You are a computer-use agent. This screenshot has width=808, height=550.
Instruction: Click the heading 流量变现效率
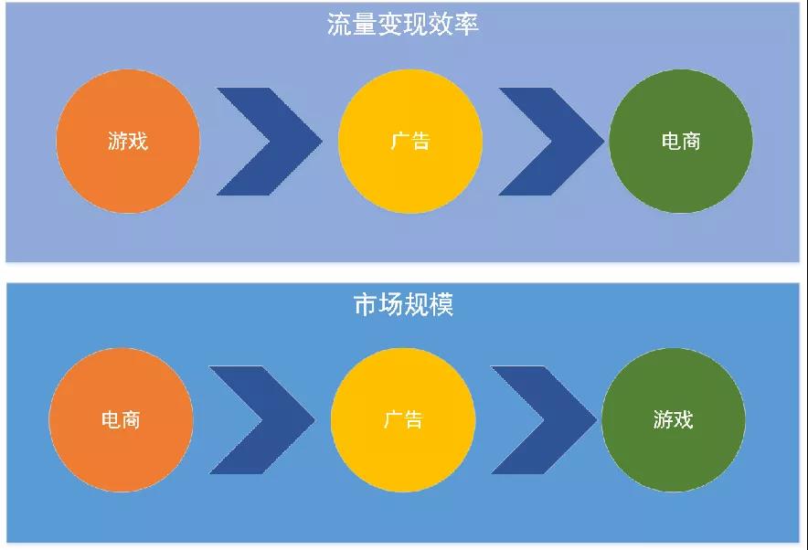[403, 24]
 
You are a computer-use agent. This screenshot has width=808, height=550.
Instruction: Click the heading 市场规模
[403, 304]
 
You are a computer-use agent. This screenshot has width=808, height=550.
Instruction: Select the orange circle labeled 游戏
[128, 141]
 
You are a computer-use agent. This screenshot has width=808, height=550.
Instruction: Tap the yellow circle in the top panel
[410, 141]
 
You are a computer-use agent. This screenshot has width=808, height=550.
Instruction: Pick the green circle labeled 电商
[681, 141]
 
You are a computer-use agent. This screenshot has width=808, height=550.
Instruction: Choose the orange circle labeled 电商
[121, 419]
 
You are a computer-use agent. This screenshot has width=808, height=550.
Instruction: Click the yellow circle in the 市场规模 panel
[403, 419]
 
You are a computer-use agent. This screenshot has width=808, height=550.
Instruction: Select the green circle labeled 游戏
[674, 419]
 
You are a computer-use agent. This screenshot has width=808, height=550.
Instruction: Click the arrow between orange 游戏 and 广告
[270, 142]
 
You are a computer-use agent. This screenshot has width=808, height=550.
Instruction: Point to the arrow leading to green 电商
[551, 142]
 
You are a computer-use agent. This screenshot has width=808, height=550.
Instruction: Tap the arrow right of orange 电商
[261, 419]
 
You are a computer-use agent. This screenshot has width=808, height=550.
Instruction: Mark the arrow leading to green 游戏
[544, 419]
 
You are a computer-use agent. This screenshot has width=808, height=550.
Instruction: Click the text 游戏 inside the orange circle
[128, 141]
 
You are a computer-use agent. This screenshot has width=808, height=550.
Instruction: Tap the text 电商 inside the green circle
[681, 141]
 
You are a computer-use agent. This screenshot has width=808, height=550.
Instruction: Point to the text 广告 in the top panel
[410, 141]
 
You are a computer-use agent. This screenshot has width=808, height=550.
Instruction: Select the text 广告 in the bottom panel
[403, 419]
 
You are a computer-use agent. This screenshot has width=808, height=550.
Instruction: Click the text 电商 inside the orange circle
[121, 419]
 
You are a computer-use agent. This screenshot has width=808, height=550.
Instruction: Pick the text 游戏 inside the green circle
[674, 419]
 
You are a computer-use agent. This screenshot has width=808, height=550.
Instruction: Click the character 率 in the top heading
[467, 24]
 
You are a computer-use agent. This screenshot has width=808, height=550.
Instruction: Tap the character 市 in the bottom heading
[366, 304]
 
